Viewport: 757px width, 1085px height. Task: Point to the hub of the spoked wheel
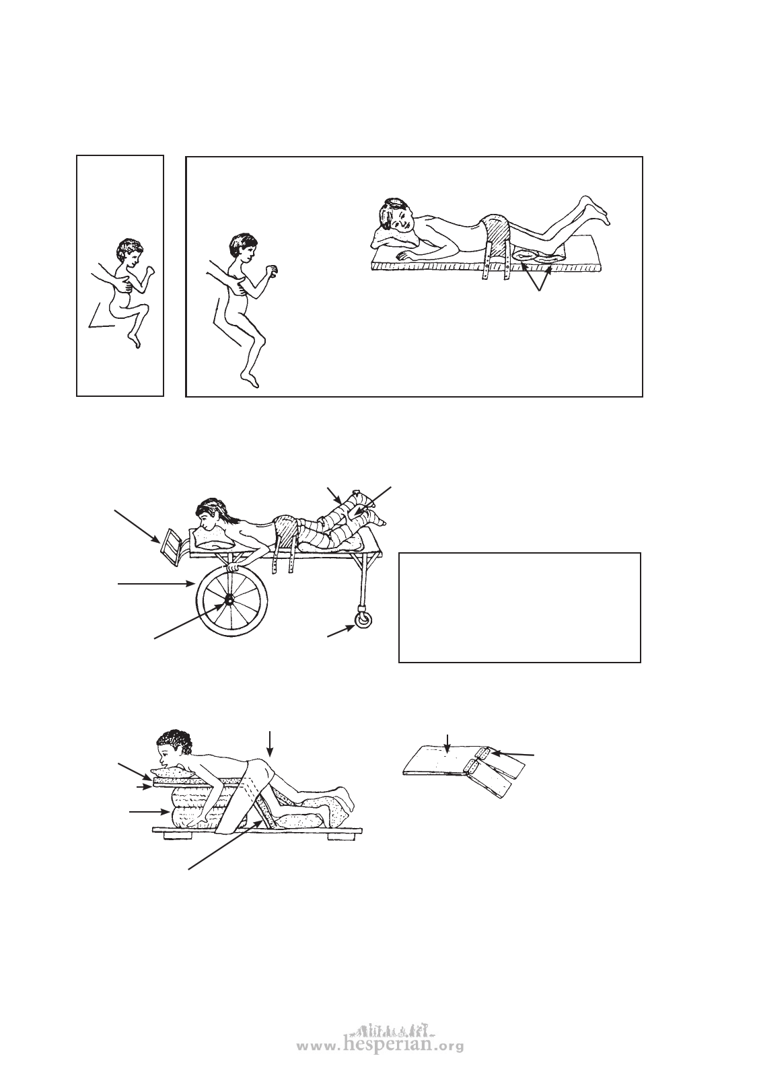tap(227, 602)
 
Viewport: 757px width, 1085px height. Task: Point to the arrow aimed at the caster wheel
tap(341, 631)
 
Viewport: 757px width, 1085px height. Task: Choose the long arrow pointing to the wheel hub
tap(190, 621)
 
